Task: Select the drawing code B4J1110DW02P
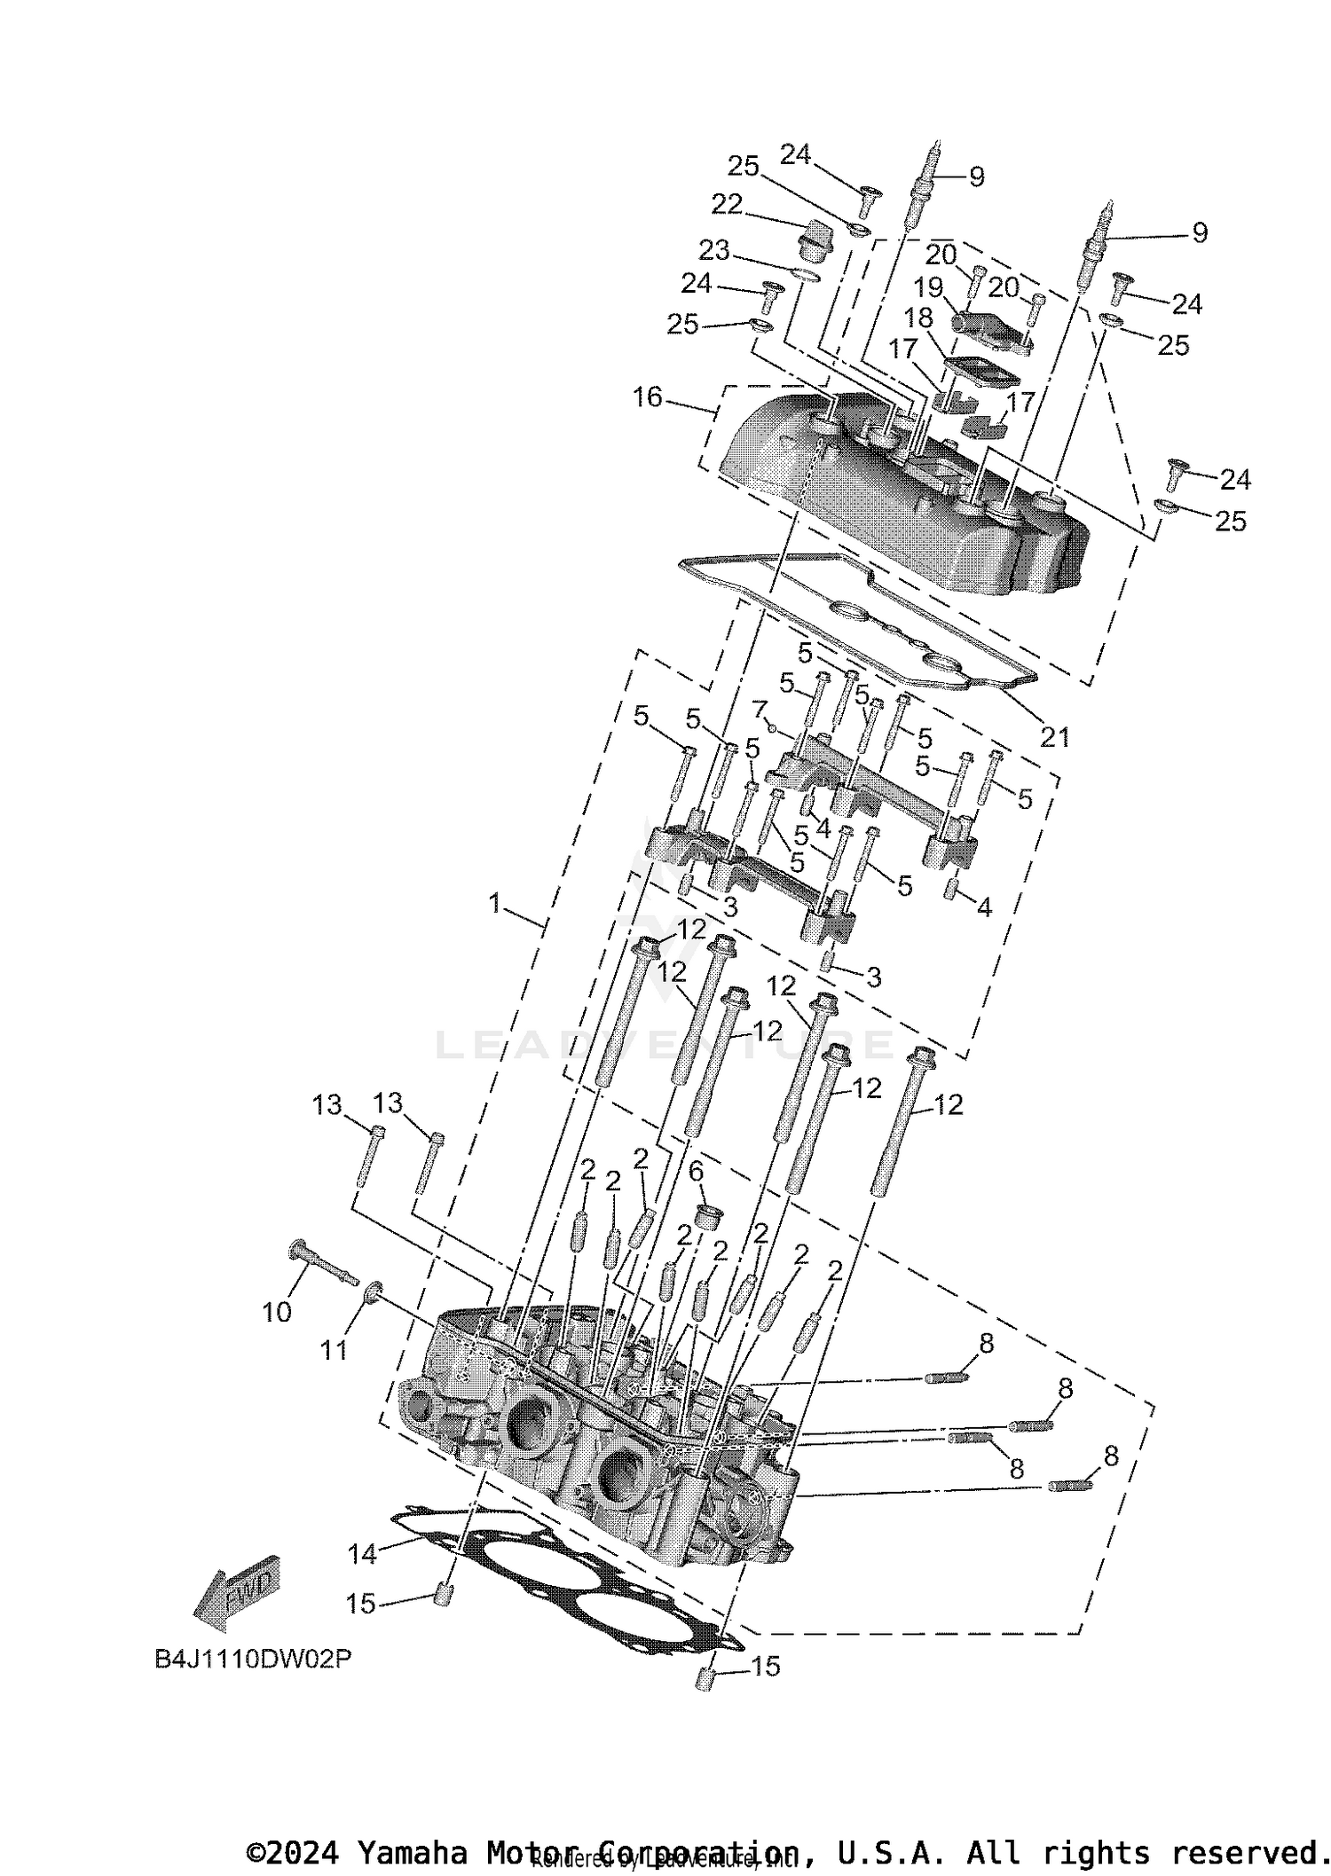click(253, 1659)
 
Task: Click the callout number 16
click(647, 396)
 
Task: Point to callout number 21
click(1054, 736)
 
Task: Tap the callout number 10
click(277, 1312)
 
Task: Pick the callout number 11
click(334, 1350)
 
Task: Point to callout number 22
click(727, 204)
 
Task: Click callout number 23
click(713, 251)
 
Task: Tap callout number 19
click(928, 288)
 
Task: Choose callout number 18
click(919, 318)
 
